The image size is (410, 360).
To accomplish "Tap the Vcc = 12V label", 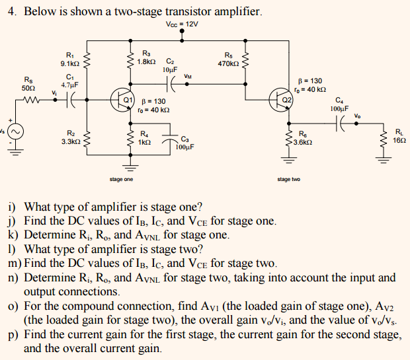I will [x=183, y=24].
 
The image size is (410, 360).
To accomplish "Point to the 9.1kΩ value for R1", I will [x=69, y=63].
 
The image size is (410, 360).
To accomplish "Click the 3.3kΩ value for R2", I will [x=69, y=141].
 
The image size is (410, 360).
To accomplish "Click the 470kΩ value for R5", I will [x=228, y=64].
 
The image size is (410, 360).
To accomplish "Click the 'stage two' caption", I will [x=288, y=180].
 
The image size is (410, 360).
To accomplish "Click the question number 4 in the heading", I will [x=11, y=11].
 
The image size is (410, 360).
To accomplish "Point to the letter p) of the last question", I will [x=13, y=335].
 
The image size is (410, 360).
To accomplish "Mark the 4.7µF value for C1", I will [x=69, y=85].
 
